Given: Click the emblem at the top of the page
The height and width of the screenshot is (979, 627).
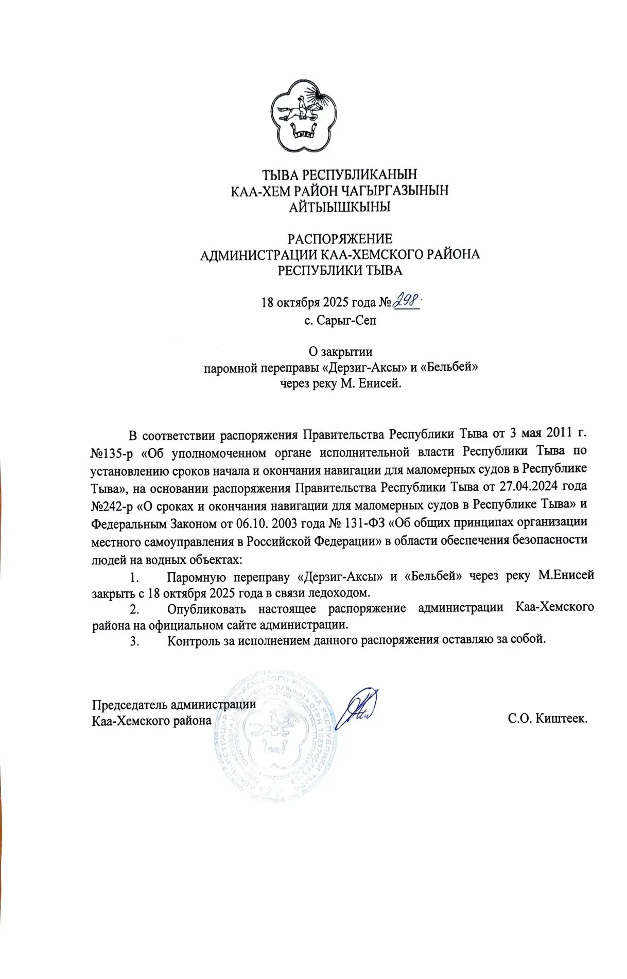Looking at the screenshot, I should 303,116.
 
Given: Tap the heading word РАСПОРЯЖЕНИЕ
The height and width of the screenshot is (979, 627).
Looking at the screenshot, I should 340,239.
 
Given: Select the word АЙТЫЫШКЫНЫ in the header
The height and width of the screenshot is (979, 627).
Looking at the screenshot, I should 340,207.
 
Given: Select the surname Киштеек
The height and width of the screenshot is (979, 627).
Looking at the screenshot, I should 562,718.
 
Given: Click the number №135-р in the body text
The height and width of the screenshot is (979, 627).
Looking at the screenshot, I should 112,453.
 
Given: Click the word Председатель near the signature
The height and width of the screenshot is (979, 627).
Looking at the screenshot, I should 130,704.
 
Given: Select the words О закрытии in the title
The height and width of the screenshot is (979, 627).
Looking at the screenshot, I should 340,352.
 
